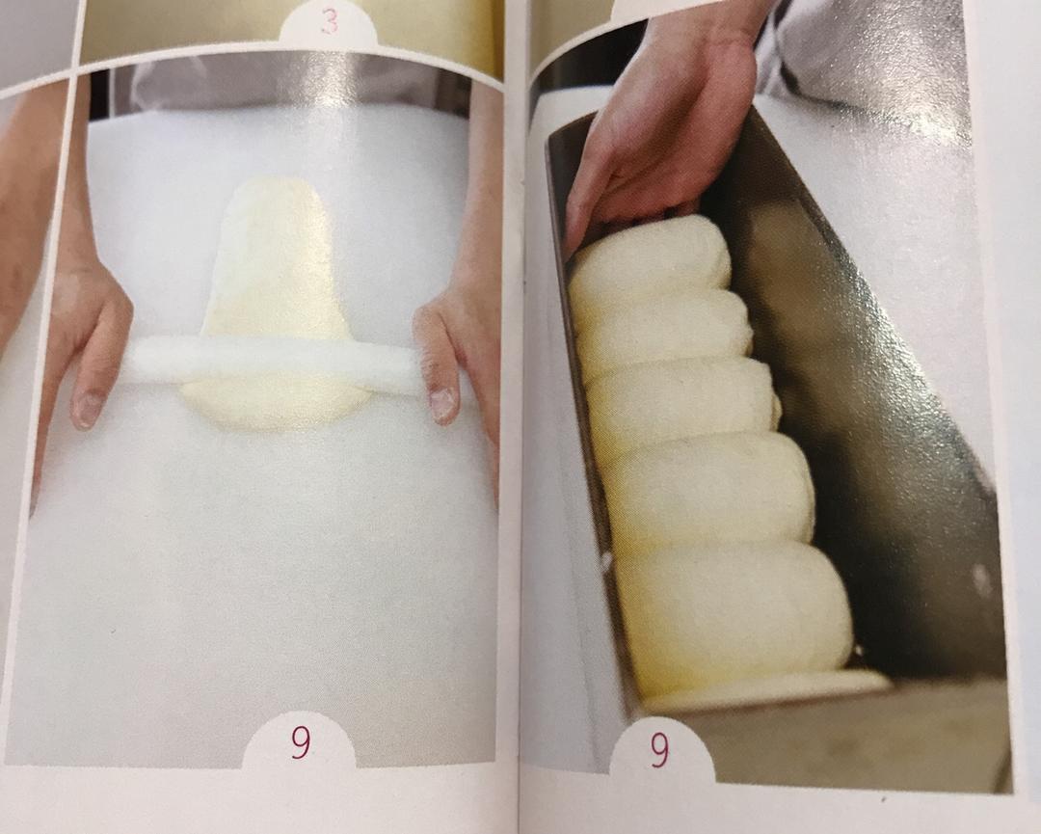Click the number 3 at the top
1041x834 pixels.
[x=329, y=24]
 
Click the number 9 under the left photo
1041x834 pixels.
[x=300, y=743]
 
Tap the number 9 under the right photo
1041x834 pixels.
[x=659, y=750]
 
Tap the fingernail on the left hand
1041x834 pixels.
[x=87, y=411]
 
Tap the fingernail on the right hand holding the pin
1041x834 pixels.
[x=442, y=404]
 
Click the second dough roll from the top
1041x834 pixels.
[x=665, y=333]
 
